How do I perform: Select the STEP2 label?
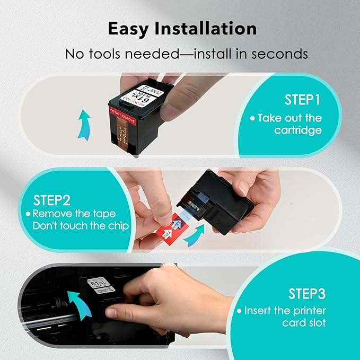52,200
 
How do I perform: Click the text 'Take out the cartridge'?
290,124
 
